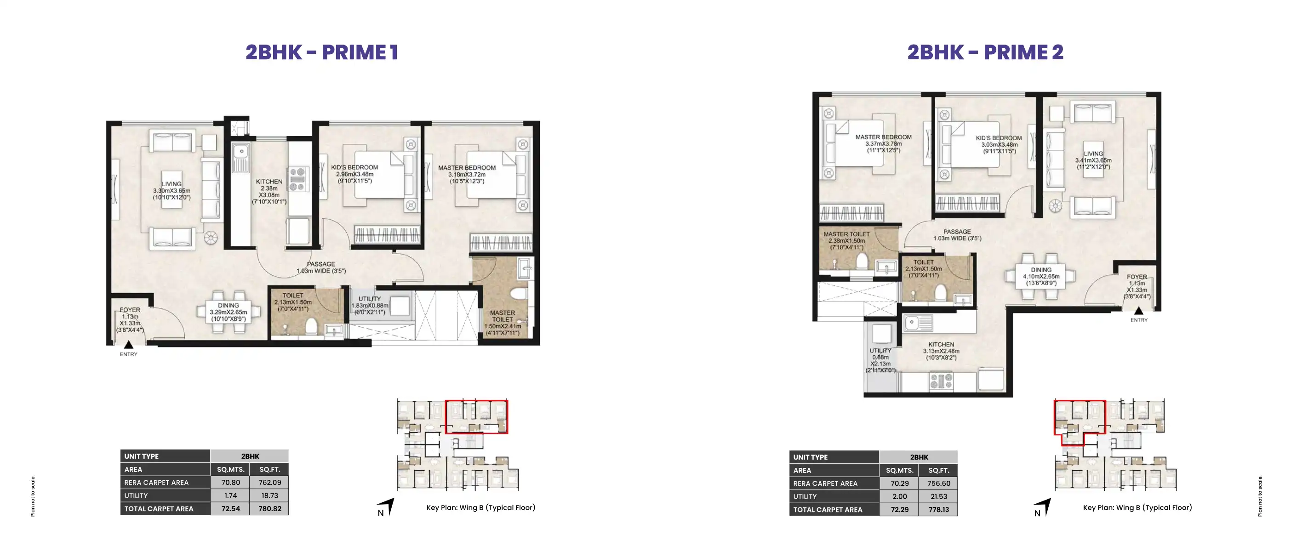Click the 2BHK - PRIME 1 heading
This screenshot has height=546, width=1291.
(322, 52)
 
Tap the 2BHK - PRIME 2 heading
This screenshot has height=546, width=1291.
(985, 52)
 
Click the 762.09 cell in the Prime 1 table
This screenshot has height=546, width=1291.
(269, 483)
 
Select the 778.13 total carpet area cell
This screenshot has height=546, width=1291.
(938, 509)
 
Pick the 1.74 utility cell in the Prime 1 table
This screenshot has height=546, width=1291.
(230, 495)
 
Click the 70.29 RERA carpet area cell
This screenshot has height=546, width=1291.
(900, 483)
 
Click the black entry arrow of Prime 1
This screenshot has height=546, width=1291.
(128, 345)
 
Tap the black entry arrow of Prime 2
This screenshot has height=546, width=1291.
(1139, 311)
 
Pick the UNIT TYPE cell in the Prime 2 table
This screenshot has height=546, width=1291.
(834, 457)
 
